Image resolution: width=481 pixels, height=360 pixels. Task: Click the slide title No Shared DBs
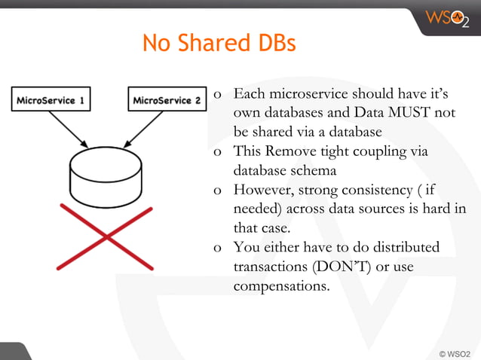pos(219,43)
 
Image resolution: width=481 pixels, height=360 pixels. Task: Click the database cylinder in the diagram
pos(105,172)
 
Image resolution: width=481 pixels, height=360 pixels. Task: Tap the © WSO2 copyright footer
pos(454,352)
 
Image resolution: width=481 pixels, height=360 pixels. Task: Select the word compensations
pos(281,286)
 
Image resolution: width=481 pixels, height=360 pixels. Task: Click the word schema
pos(312,170)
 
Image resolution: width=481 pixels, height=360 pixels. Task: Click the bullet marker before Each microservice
pos(217,96)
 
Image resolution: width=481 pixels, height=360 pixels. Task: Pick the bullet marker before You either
pos(217,248)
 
